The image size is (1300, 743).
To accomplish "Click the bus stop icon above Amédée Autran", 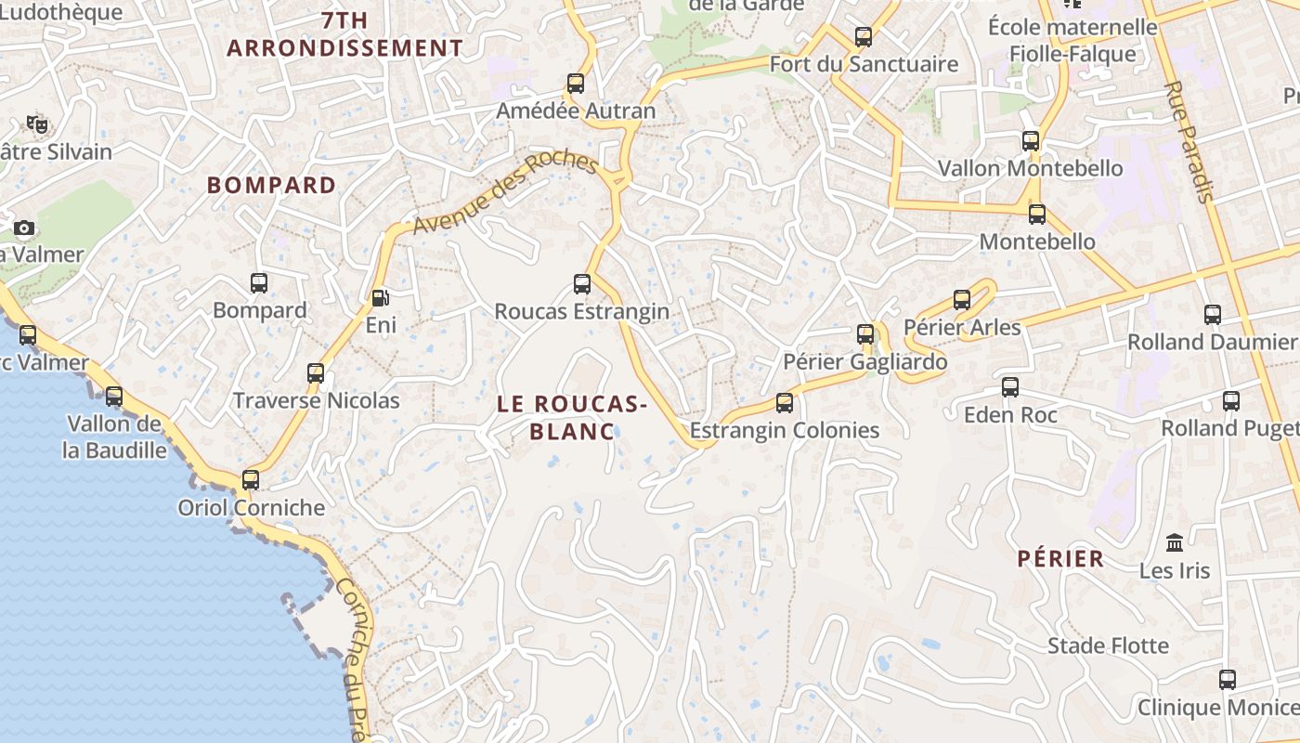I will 576,84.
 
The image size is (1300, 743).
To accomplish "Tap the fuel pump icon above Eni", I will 380,298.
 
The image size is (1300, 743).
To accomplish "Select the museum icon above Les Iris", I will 1175,542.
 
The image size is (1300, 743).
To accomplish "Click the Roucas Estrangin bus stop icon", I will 582,284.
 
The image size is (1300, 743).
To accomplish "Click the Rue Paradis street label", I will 1189,141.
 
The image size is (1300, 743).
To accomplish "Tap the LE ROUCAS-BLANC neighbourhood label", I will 572,417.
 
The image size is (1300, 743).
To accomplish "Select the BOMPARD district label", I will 271,185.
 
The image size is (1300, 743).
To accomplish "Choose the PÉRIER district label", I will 1060,558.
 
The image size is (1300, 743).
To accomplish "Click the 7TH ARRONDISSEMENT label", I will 344,34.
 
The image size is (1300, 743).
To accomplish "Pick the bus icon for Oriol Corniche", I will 251,480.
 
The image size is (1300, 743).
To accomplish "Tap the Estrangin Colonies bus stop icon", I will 785,403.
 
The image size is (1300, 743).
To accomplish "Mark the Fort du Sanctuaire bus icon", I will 864,37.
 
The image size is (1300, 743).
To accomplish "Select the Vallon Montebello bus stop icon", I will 1031,141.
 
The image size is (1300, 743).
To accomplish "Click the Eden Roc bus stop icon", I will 1010,387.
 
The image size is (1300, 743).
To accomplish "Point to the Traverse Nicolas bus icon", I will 316,373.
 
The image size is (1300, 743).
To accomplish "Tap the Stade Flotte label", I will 1108,645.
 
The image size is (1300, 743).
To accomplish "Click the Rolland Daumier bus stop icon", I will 1213,315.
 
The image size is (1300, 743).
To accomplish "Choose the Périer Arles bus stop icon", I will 962,300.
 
